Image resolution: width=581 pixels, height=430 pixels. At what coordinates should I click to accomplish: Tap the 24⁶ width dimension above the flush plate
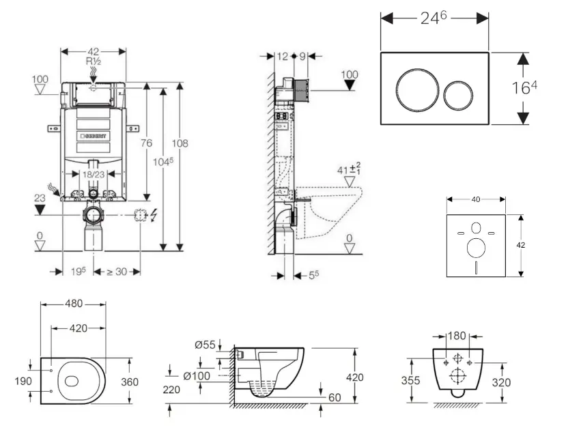tap(434, 18)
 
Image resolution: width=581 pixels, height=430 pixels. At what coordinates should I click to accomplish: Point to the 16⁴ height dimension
tap(524, 88)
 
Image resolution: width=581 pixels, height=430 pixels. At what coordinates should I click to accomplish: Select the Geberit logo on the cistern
tap(94, 136)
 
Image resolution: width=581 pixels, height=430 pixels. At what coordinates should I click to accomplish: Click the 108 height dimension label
tap(180, 143)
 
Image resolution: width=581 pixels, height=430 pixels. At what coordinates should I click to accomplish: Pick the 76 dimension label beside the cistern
tap(146, 143)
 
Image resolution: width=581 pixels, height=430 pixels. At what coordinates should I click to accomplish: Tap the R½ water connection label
tap(94, 61)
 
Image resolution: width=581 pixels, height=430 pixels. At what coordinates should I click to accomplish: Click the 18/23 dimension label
tap(93, 174)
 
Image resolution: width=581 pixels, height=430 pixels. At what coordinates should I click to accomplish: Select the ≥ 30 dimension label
tap(117, 272)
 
